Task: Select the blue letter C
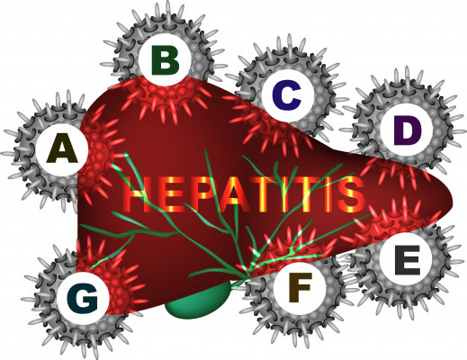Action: pos(287,95)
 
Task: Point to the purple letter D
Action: pos(408,130)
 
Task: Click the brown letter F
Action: pos(300,287)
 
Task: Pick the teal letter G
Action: pos(83,298)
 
